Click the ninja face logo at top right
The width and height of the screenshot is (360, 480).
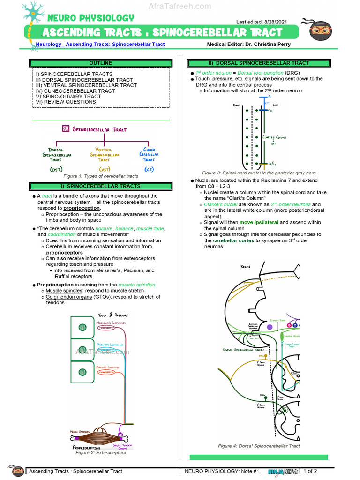321,31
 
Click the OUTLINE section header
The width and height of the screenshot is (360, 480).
101,63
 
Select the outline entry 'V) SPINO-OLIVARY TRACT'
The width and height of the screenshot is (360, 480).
68,96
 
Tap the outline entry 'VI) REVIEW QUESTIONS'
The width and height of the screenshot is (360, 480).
66,102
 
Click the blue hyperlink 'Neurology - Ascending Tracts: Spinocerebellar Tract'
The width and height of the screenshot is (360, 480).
100,45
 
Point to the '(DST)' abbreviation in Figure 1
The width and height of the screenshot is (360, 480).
56,169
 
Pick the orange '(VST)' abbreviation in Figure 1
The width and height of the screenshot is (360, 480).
104,169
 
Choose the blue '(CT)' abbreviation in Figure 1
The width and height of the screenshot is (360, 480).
149,169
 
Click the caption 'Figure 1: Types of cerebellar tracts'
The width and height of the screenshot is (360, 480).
101,176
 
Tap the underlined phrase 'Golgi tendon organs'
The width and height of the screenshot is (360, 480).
68,297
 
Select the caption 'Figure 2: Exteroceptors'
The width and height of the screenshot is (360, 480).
101,453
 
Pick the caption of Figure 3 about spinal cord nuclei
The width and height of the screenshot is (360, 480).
259,173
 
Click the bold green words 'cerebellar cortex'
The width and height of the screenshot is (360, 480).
234,240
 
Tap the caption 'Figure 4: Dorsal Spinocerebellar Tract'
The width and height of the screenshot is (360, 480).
259,446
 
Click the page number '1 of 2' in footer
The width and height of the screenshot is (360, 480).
310,471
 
